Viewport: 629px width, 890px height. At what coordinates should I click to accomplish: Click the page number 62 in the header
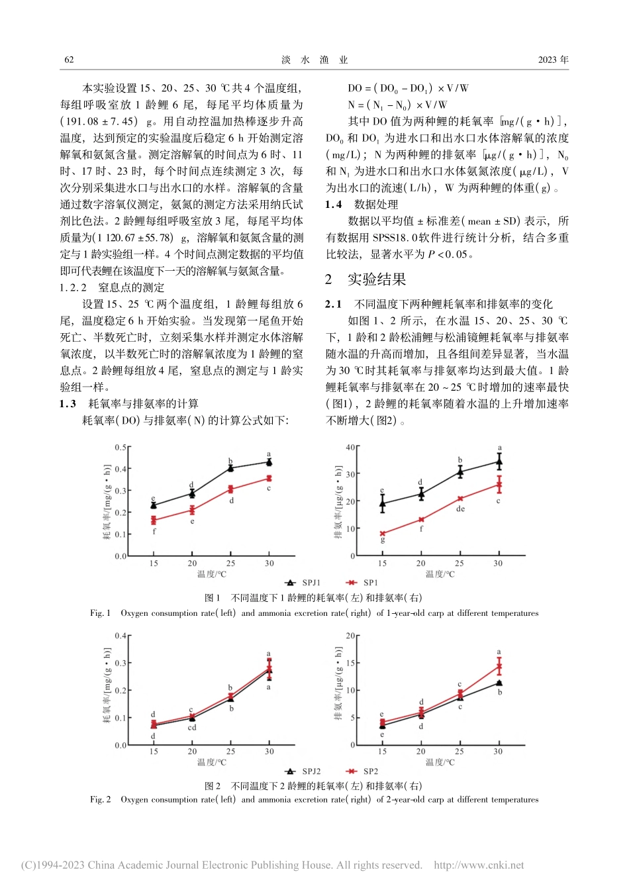[x=69, y=60]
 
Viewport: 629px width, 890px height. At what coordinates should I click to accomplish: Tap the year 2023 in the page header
[x=548, y=60]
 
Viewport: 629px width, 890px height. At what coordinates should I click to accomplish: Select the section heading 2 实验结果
[x=365, y=279]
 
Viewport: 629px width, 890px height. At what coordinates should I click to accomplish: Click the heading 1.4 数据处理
[x=362, y=205]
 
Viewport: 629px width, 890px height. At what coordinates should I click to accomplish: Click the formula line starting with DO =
[x=408, y=88]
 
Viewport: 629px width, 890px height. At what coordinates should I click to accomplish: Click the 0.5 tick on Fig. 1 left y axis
[x=120, y=448]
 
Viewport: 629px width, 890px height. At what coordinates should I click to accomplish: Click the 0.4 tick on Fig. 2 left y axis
[x=120, y=636]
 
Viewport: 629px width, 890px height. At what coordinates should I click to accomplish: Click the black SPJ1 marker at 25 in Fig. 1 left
[x=230, y=468]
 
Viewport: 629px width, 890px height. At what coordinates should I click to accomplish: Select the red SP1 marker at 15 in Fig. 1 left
[x=154, y=520]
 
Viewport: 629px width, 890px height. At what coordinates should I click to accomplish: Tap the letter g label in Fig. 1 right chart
[x=382, y=540]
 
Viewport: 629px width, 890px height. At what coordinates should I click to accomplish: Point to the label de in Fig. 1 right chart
[x=460, y=509]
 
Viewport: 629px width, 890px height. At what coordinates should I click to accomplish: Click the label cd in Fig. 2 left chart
[x=192, y=727]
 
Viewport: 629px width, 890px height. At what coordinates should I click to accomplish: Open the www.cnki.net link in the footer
[x=478, y=865]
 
